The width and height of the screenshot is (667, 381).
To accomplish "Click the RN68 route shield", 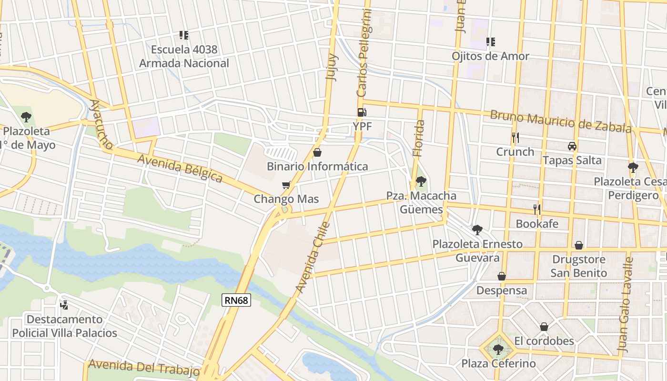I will click(x=236, y=300).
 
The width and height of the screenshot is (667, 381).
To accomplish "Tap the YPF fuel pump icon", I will click(x=362, y=113).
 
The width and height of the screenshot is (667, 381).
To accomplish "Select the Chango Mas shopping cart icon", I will click(x=286, y=185).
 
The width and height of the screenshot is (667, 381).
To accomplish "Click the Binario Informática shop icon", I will click(x=317, y=152).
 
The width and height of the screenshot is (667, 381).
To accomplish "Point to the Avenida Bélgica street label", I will click(x=180, y=168).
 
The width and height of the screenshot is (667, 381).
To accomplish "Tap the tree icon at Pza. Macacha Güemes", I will click(x=421, y=181).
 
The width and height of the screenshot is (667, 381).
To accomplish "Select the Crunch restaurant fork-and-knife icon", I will click(x=515, y=138).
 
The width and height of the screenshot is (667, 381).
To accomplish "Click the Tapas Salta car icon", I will click(x=572, y=146).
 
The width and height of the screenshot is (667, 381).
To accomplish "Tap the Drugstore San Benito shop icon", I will click(x=578, y=245).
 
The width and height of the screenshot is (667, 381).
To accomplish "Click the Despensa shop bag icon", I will click(x=502, y=276).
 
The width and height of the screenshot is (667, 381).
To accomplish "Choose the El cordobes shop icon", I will click(x=544, y=327).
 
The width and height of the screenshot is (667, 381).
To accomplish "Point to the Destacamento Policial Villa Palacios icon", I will click(x=64, y=305).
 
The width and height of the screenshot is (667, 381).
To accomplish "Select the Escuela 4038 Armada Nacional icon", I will click(x=184, y=35).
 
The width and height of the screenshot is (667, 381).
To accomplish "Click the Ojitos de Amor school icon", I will click(x=491, y=42).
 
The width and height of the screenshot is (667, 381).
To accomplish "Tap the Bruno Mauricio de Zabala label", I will click(x=561, y=121).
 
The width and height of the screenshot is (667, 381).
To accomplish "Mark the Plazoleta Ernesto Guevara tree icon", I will click(x=477, y=230).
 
